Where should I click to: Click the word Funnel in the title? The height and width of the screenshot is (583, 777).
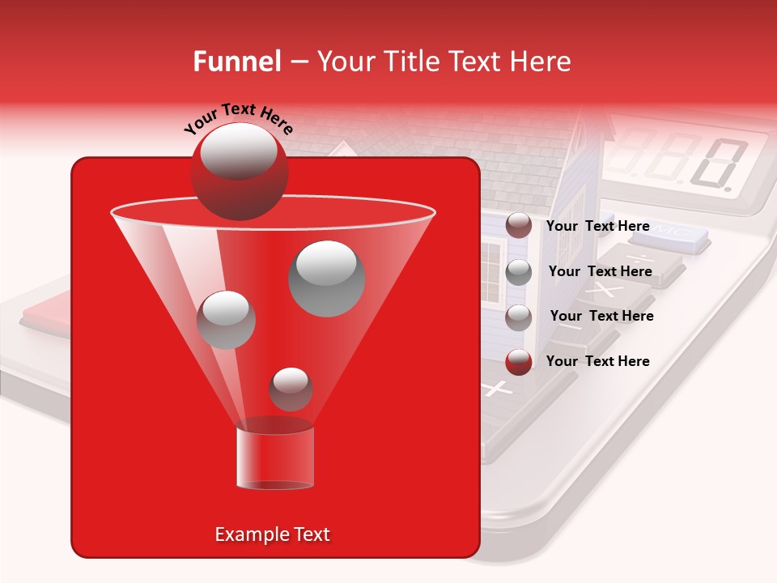(237, 62)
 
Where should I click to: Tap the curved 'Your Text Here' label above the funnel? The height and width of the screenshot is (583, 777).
(238, 118)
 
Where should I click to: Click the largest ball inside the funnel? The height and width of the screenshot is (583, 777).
(326, 278)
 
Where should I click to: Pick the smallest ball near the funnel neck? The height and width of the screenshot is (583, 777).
(291, 389)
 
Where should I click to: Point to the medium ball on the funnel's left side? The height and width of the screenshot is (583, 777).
(226, 319)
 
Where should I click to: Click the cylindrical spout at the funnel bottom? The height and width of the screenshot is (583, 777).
(275, 458)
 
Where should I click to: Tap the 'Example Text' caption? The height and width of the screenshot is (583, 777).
(272, 534)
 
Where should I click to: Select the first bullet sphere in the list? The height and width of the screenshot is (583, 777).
(519, 226)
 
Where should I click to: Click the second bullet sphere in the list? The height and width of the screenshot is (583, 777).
(519, 271)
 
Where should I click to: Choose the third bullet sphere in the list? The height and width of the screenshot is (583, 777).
(519, 317)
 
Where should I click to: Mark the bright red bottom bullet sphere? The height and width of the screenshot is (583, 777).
(519, 361)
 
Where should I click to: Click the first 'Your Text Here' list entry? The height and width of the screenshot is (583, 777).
(597, 226)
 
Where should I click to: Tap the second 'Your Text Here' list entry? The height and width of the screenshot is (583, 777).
(600, 271)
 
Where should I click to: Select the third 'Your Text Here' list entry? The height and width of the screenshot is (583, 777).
(601, 316)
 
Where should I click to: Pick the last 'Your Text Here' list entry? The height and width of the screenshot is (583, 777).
(597, 361)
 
